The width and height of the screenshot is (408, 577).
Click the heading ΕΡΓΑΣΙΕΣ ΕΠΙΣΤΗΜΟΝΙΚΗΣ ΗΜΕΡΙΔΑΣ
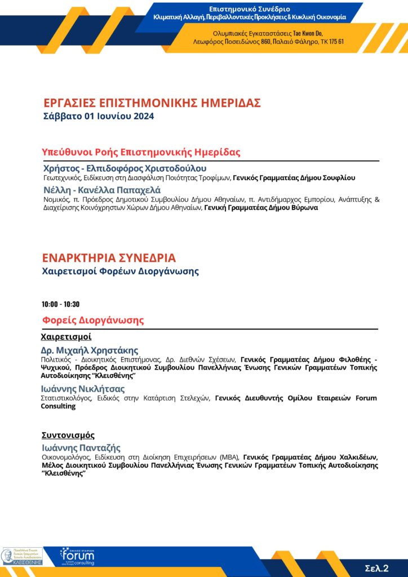click(x=152, y=103)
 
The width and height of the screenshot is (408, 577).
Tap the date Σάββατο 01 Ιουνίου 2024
click(x=99, y=117)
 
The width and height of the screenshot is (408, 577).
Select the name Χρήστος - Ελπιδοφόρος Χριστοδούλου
click(x=125, y=168)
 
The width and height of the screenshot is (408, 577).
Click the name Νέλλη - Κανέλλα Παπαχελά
click(x=102, y=190)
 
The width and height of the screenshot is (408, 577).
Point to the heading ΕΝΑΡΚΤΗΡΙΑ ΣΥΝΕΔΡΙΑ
click(x=109, y=258)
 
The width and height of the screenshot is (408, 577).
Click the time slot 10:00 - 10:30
click(x=60, y=304)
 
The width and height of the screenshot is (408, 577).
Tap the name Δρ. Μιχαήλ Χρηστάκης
click(x=90, y=350)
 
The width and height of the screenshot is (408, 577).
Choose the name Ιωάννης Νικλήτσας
click(x=83, y=389)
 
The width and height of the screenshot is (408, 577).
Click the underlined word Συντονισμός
click(x=68, y=435)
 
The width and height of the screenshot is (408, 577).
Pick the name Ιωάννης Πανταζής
click(x=81, y=448)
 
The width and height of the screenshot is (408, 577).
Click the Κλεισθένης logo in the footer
click(x=22, y=556)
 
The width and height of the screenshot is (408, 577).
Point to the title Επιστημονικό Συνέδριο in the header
click(x=250, y=9)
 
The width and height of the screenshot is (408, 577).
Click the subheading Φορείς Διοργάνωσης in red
click(x=93, y=320)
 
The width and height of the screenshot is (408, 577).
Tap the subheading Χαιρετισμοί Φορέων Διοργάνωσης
click(x=120, y=272)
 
